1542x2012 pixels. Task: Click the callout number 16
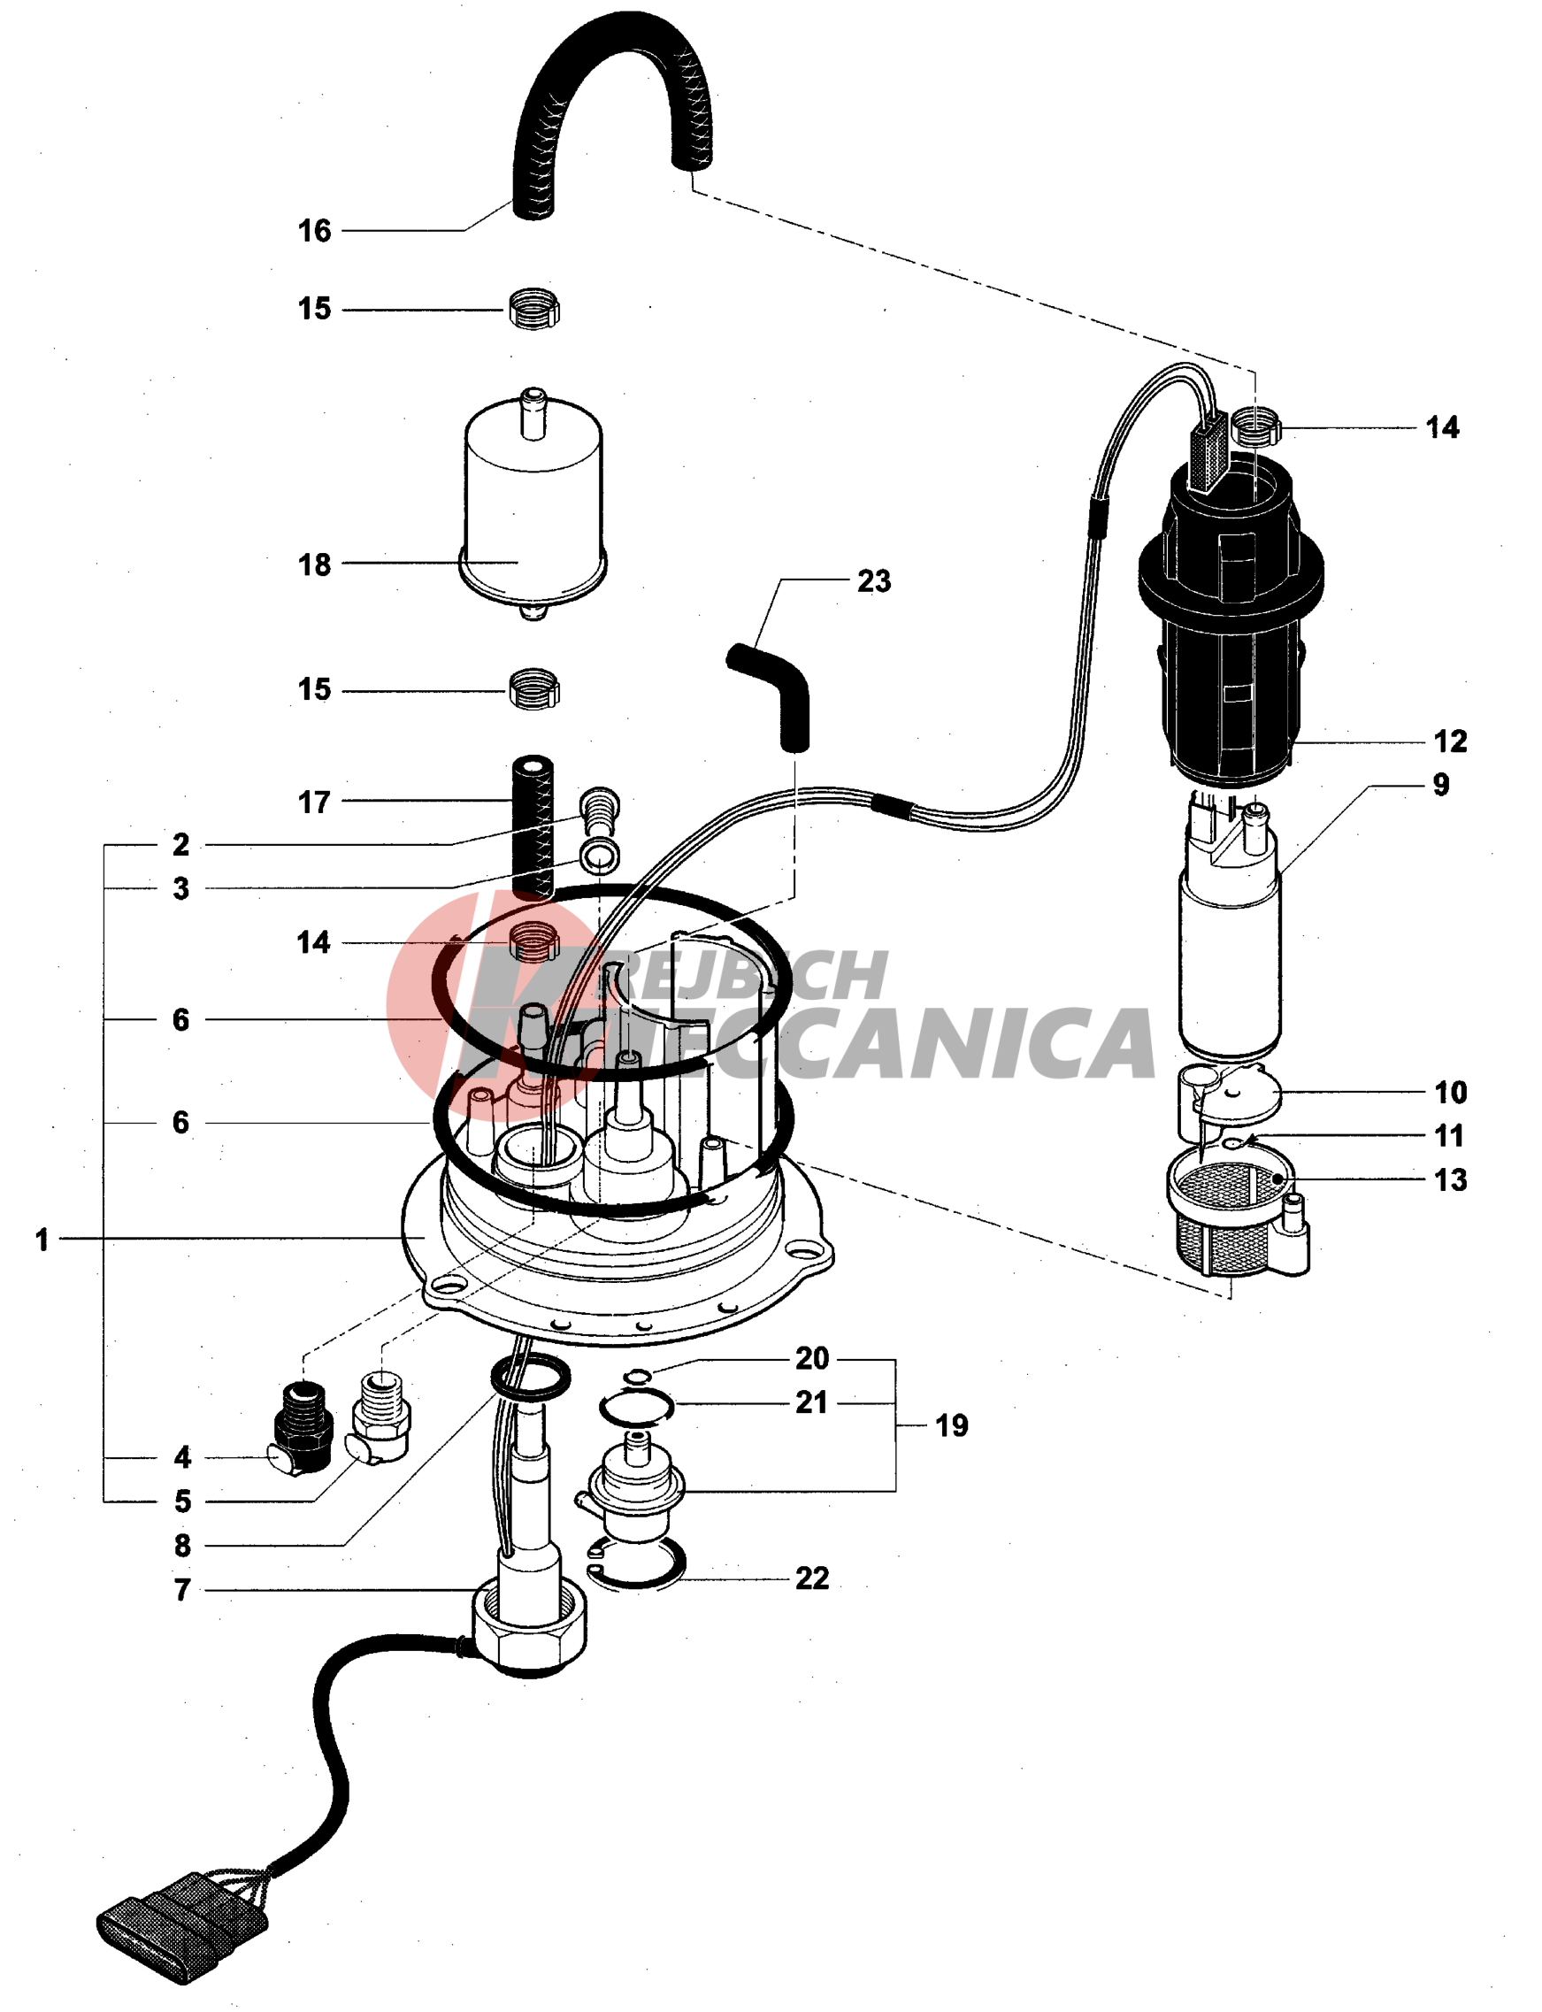tap(314, 230)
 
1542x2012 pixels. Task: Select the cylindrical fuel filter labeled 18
tap(533, 500)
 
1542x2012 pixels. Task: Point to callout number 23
tap(874, 581)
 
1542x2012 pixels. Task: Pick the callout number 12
tap(1450, 741)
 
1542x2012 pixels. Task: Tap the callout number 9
tap(1441, 785)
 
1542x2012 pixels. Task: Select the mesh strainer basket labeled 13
tap(1230, 1217)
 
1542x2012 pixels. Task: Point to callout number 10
tap(1450, 1093)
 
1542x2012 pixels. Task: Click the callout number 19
tap(952, 1425)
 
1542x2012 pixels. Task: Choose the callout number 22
tap(812, 1578)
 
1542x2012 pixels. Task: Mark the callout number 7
tap(182, 1590)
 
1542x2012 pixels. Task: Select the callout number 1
tap(42, 1240)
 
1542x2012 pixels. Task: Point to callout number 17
tap(314, 802)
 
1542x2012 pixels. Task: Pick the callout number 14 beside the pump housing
tap(1442, 427)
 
